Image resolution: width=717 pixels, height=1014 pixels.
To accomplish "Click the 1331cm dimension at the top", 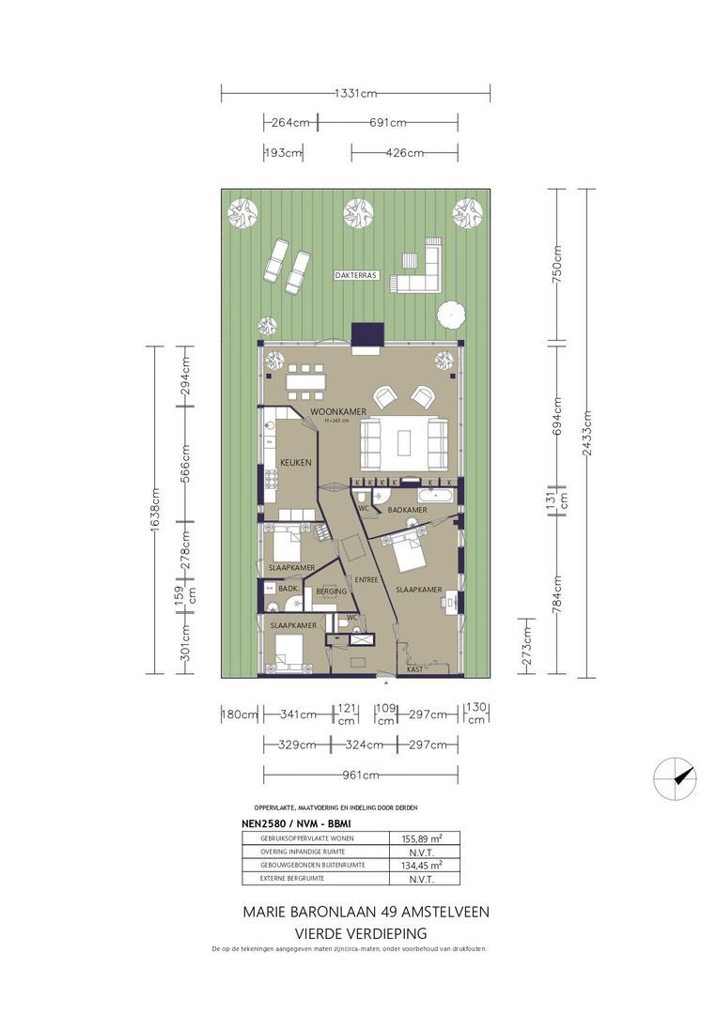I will [355, 92].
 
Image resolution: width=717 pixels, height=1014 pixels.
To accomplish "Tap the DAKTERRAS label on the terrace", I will [355, 276].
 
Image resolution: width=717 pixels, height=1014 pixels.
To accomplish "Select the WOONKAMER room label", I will [337, 411].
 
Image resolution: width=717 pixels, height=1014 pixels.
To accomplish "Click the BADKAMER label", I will [407, 510].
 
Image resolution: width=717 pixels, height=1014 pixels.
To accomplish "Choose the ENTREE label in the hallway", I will [366, 580].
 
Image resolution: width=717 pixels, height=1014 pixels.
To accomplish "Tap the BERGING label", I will [332, 591].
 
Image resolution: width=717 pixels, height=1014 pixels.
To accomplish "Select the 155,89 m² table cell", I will [425, 839].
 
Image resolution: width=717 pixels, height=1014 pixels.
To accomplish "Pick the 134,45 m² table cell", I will [425, 866].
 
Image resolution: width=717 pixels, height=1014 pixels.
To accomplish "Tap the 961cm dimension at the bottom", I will [361, 776].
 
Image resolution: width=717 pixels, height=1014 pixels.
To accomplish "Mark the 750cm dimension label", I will [556, 265].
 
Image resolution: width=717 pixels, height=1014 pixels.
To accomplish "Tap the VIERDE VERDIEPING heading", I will [361, 933].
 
